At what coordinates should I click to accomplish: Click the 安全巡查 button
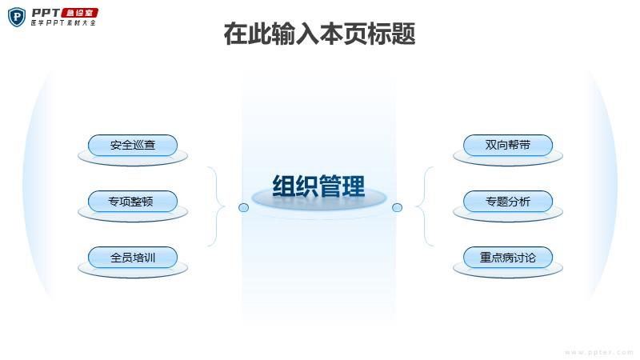(133, 146)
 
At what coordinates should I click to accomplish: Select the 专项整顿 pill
(133, 202)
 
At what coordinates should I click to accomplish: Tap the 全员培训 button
(133, 257)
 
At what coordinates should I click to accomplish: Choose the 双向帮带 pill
(508, 146)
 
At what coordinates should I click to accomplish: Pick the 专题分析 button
(508, 202)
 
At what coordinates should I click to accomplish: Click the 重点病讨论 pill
(508, 257)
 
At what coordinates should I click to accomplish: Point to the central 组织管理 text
(318, 186)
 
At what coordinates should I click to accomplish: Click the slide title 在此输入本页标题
(319, 34)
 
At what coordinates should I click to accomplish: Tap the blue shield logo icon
(17, 17)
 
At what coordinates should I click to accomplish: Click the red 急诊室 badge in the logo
(80, 13)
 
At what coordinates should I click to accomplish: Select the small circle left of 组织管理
(243, 208)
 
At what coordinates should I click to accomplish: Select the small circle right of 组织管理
(397, 208)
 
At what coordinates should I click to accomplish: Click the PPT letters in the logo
(46, 13)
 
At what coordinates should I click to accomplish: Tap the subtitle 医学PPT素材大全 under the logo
(63, 23)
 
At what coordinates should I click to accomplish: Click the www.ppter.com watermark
(598, 352)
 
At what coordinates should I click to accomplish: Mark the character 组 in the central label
(284, 186)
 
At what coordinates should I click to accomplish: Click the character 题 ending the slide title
(404, 34)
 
